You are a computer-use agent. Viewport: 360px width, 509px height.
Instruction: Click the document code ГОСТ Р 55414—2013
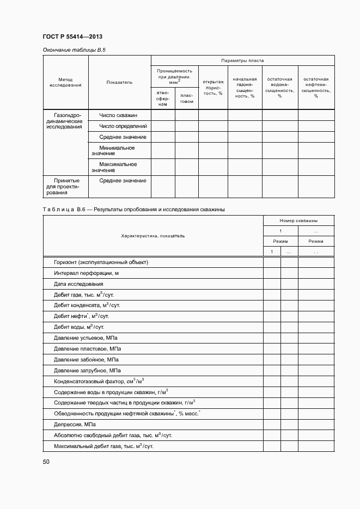(x=72, y=37)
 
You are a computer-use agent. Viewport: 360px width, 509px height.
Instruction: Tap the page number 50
(x=46, y=462)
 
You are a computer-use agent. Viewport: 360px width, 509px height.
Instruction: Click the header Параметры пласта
(x=242, y=60)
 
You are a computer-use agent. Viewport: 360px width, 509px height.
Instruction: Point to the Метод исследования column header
(x=65, y=82)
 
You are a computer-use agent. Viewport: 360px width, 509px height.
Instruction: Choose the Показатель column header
(x=119, y=82)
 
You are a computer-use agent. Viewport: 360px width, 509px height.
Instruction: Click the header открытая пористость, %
(x=213, y=87)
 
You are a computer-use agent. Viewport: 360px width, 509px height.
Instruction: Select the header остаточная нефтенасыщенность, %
(x=315, y=87)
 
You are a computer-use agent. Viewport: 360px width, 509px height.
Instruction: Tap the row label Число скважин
(x=118, y=115)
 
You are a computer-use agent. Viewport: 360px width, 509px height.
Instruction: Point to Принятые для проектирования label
(x=65, y=186)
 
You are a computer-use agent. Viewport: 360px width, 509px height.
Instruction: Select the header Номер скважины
(x=298, y=220)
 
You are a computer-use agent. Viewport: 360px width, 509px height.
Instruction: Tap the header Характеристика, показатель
(x=152, y=236)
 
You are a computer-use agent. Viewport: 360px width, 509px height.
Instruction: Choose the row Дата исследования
(x=78, y=284)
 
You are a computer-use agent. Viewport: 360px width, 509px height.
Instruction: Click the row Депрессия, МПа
(x=75, y=425)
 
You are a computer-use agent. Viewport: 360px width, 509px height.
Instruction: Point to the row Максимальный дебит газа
(x=103, y=446)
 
